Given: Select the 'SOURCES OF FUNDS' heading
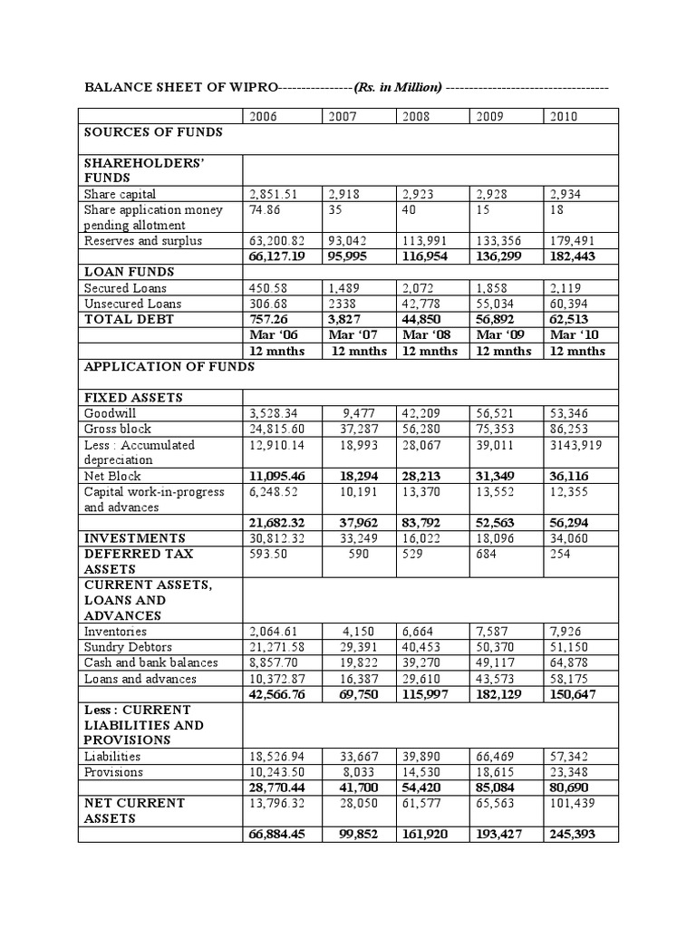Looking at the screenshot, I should pos(153,132).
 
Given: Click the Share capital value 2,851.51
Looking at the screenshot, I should pos(274,194).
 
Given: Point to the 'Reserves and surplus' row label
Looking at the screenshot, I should pos(142,241).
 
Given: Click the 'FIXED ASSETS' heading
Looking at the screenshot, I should pos(133,397).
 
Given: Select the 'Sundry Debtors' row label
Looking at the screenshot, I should pos(127,647).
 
